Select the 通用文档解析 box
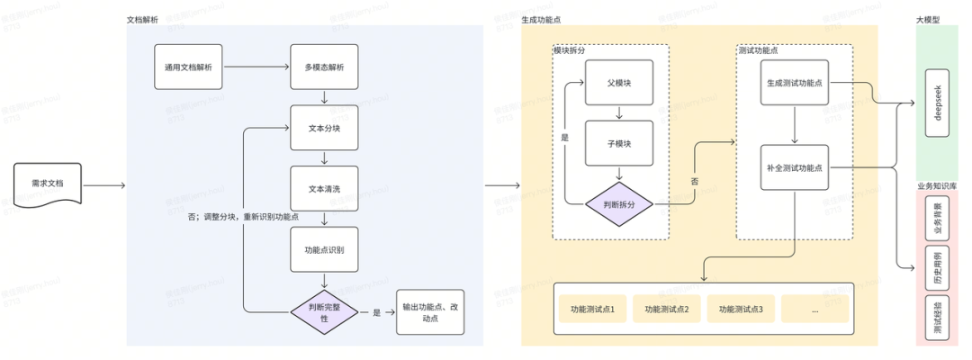tap(188, 67)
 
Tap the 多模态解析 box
tap(324, 67)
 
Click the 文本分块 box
tap(324, 128)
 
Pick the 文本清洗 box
tap(324, 188)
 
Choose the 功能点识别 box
tap(324, 248)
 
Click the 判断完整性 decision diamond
tap(324, 311)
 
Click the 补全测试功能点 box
tap(794, 166)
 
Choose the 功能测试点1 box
tap(592, 310)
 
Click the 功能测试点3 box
tap(741, 310)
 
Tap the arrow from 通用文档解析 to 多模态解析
tap(256, 67)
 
